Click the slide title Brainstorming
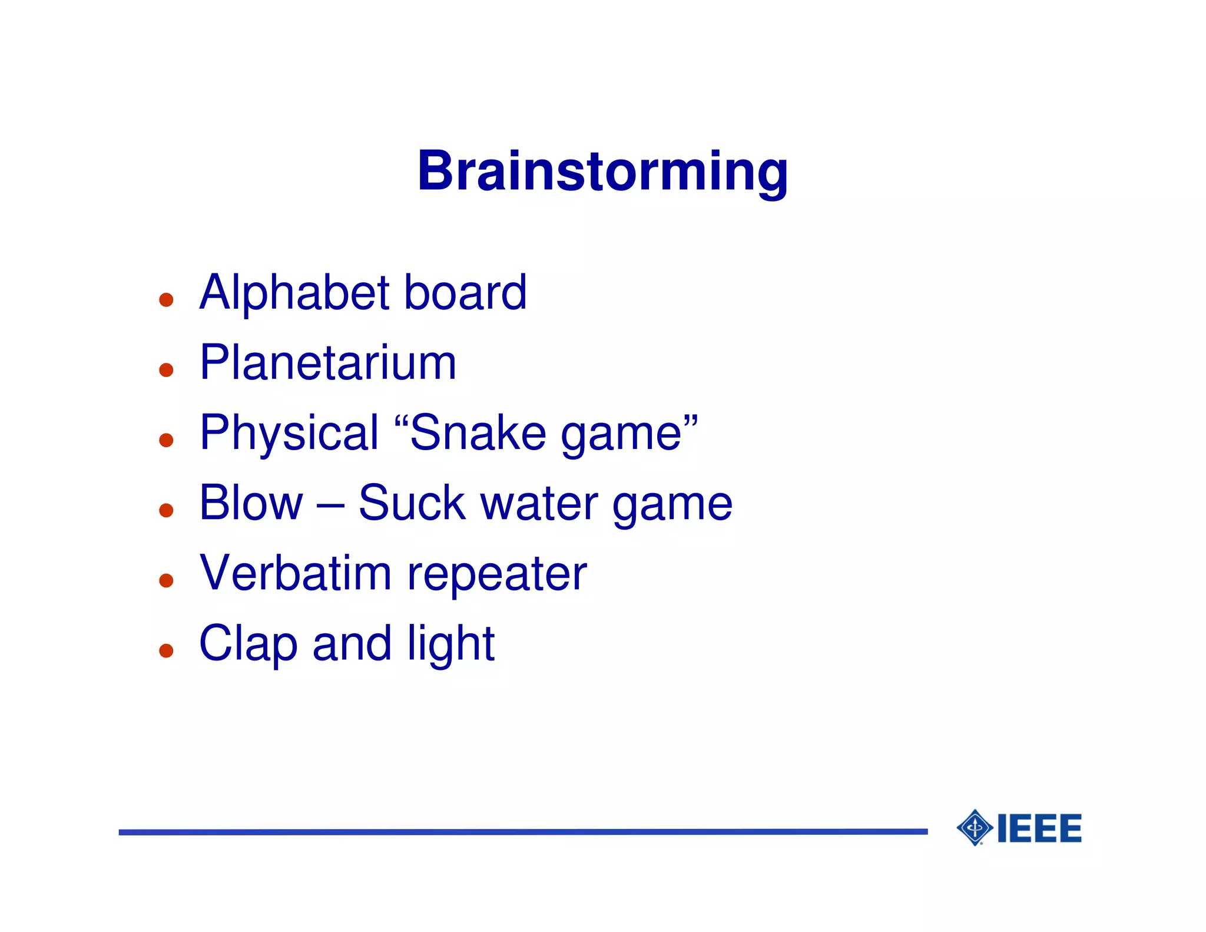[x=602, y=171]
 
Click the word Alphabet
[x=294, y=293]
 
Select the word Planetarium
[x=327, y=363]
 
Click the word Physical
[x=289, y=434]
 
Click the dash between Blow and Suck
[x=330, y=505]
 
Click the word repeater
[x=497, y=576]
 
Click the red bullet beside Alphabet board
[x=166, y=300]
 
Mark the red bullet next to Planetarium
[x=166, y=370]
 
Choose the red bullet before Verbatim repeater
[x=166, y=581]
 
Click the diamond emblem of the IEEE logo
[x=975, y=828]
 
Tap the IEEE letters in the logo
[x=1040, y=828]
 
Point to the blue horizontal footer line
[x=523, y=832]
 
